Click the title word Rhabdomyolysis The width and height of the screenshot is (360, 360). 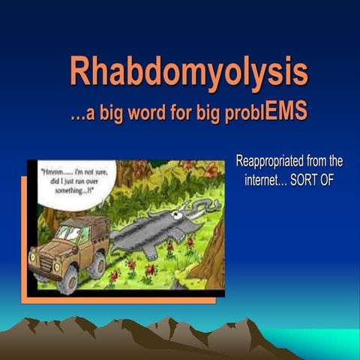click(x=189, y=72)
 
